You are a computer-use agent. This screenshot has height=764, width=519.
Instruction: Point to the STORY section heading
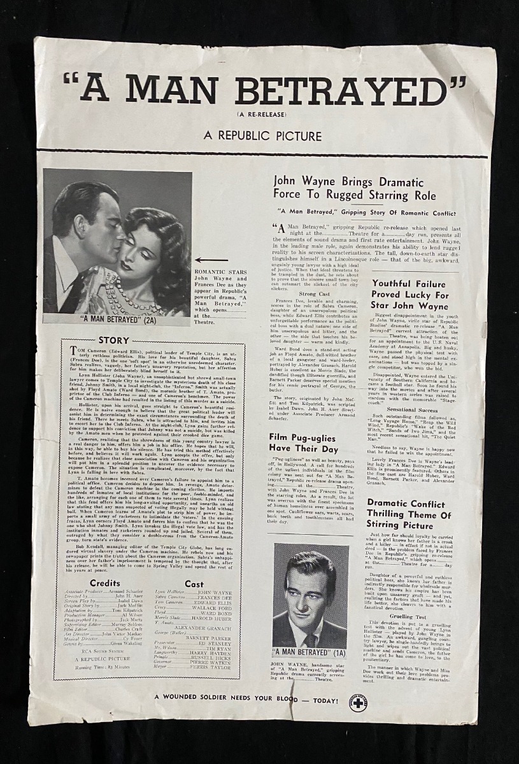113,341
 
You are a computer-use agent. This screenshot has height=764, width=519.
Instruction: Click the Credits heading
104,583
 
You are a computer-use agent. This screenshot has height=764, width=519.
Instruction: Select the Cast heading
194,583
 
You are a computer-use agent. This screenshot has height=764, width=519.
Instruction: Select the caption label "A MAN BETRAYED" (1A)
311,653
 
